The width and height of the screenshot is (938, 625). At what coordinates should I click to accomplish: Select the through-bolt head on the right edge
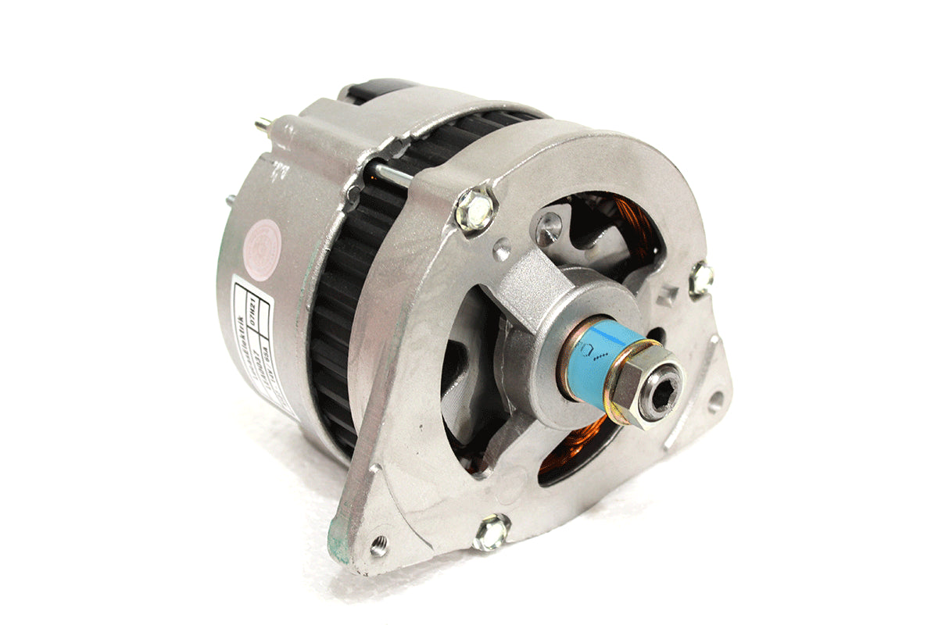coord(701,277)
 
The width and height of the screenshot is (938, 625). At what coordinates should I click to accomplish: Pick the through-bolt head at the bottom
coord(492,533)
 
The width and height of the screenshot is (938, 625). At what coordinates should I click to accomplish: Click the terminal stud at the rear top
coord(264,123)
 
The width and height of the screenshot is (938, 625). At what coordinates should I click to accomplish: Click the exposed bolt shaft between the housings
coord(391,175)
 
